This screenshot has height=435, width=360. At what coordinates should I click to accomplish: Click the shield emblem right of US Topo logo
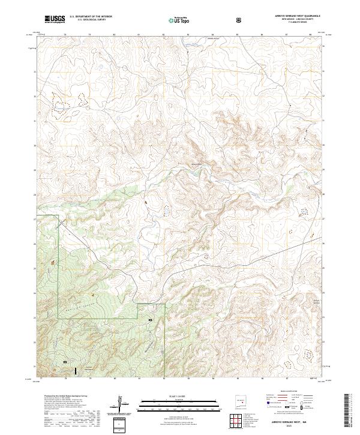click(x=239, y=19)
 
